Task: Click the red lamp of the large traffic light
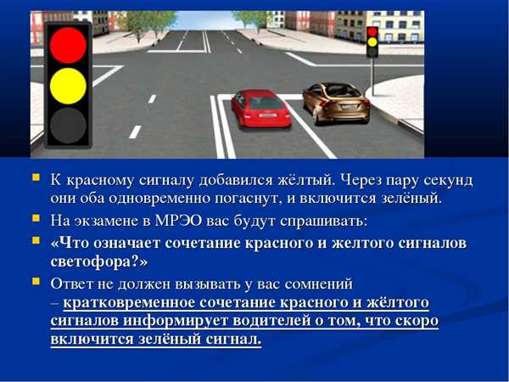pyautogui.click(x=68, y=45)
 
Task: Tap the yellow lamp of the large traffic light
pyautogui.click(x=68, y=86)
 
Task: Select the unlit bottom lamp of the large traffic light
pyautogui.click(x=68, y=126)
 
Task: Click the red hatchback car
pyautogui.click(x=261, y=109)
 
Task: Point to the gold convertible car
pyautogui.click(x=336, y=104)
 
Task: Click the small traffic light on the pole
pyautogui.click(x=372, y=42)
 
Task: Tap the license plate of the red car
pyautogui.click(x=268, y=115)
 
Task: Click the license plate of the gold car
pyautogui.click(x=349, y=107)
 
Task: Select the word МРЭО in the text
pyautogui.click(x=178, y=221)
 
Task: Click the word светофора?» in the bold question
pyautogui.click(x=99, y=261)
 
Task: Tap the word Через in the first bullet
pyautogui.click(x=361, y=181)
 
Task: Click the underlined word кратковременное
pyautogui.click(x=129, y=303)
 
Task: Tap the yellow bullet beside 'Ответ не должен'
pyautogui.click(x=36, y=281)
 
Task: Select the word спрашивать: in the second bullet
pyautogui.click(x=323, y=222)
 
